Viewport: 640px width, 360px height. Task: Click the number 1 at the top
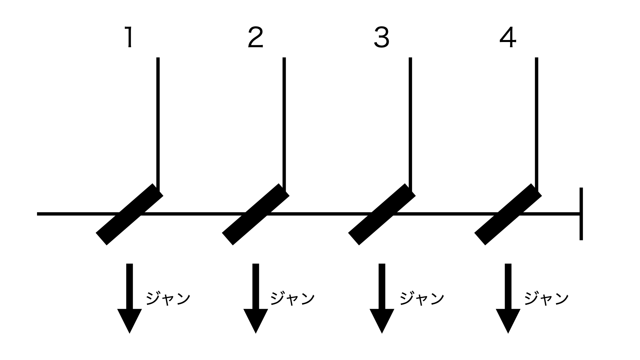point(129,37)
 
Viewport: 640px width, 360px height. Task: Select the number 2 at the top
point(256,37)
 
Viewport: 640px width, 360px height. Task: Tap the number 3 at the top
point(382,37)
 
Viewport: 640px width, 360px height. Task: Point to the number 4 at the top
point(508,37)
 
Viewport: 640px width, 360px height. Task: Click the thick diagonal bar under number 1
point(129,214)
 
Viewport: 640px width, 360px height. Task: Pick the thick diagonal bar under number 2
point(256,214)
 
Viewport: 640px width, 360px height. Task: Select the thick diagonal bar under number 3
point(382,214)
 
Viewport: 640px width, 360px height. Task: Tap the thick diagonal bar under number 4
point(508,214)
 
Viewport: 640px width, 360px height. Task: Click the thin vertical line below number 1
point(158,125)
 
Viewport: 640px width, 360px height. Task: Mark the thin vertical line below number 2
point(284,125)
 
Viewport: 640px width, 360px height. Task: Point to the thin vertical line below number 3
point(410,125)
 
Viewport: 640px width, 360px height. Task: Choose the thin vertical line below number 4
point(537,125)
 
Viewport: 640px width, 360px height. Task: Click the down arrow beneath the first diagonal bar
point(129,298)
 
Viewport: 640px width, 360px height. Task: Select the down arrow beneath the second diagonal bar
point(256,298)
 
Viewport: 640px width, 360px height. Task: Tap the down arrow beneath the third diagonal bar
point(382,298)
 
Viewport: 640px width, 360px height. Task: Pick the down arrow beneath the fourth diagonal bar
point(508,298)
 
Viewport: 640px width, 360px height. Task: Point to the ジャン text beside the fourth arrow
point(547,298)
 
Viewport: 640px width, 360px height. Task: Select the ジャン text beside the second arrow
point(293,298)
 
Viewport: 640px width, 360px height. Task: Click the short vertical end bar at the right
point(581,214)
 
